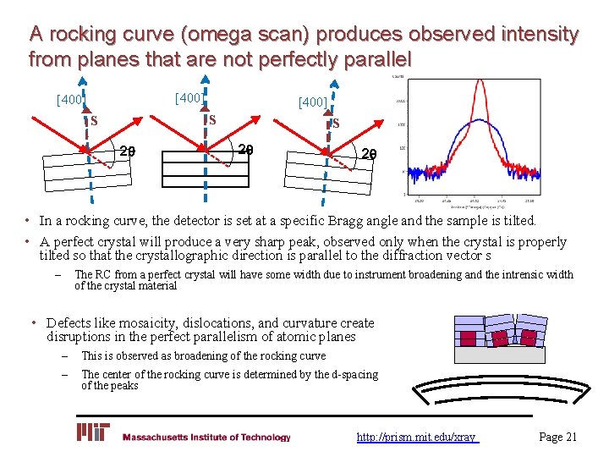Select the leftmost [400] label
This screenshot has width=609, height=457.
click(70, 101)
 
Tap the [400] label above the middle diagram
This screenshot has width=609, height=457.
click(189, 98)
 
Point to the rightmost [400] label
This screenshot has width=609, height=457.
click(312, 102)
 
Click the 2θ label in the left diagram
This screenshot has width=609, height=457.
click(128, 152)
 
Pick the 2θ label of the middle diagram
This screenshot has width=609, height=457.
click(245, 150)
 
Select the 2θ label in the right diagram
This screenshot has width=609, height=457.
click(369, 154)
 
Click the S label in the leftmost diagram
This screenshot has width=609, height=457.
click(94, 120)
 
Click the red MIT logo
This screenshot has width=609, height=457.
click(93, 433)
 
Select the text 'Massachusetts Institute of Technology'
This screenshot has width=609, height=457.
click(206, 438)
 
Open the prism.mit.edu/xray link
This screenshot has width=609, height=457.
click(417, 438)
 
